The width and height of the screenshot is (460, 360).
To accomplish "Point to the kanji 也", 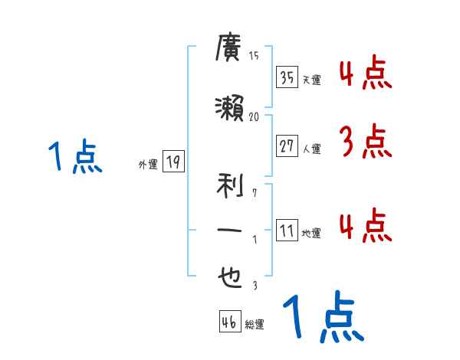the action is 230,278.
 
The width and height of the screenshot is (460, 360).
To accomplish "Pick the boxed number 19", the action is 173,162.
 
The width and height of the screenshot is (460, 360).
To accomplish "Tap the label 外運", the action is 148,164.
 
